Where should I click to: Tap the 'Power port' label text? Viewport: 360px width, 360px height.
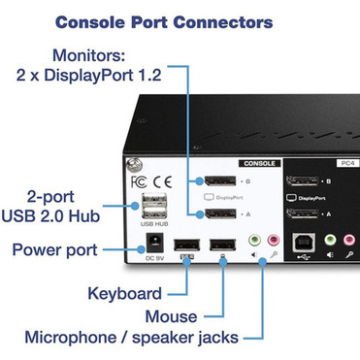coord(55,250)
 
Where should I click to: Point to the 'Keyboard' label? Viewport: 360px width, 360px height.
coord(124,293)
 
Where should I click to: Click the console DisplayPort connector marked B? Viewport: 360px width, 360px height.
coord(216,180)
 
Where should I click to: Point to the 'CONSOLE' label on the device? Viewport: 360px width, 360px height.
coord(258,164)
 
